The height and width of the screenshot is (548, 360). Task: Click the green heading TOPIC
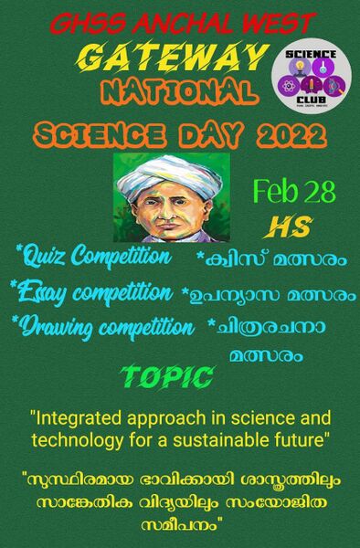[x=167, y=376]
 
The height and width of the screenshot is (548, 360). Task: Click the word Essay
[x=43, y=293]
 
